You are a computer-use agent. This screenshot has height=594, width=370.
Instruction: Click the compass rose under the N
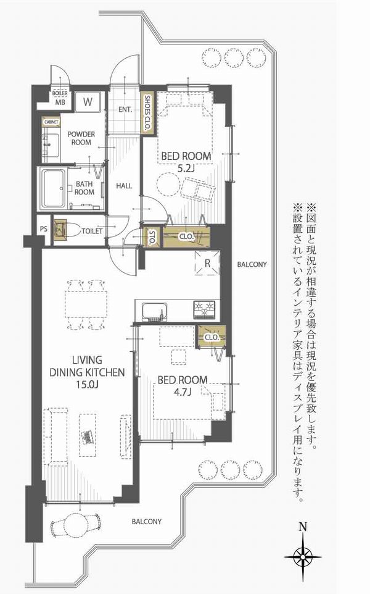pyautogui.click(x=303, y=557)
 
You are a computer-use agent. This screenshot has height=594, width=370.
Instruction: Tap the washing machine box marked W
pyautogui.click(x=88, y=101)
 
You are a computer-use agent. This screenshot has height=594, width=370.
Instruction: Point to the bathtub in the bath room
pyautogui.click(x=54, y=188)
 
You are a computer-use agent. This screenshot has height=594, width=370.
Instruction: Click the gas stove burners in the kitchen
pyautogui.click(x=204, y=309)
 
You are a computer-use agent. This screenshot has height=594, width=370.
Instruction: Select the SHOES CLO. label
pyautogui.click(x=147, y=113)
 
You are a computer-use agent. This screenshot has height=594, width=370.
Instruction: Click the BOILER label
pyautogui.click(x=60, y=93)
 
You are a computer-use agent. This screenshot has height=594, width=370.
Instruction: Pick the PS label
pyautogui.click(x=44, y=229)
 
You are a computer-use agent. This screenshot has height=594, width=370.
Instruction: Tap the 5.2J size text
pyautogui.click(x=186, y=169)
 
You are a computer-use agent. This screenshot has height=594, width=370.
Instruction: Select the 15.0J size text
pyautogui.click(x=87, y=385)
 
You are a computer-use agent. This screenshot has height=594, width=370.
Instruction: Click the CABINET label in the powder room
pyautogui.click(x=51, y=122)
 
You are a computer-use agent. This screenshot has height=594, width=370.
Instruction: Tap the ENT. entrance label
pyautogui.click(x=125, y=109)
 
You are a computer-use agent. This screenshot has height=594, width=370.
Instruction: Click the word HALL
pyautogui.click(x=124, y=186)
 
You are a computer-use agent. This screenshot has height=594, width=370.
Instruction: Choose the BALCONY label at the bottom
pyautogui.click(x=146, y=521)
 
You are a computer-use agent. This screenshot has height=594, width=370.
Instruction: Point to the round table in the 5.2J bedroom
pyautogui.click(x=167, y=183)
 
